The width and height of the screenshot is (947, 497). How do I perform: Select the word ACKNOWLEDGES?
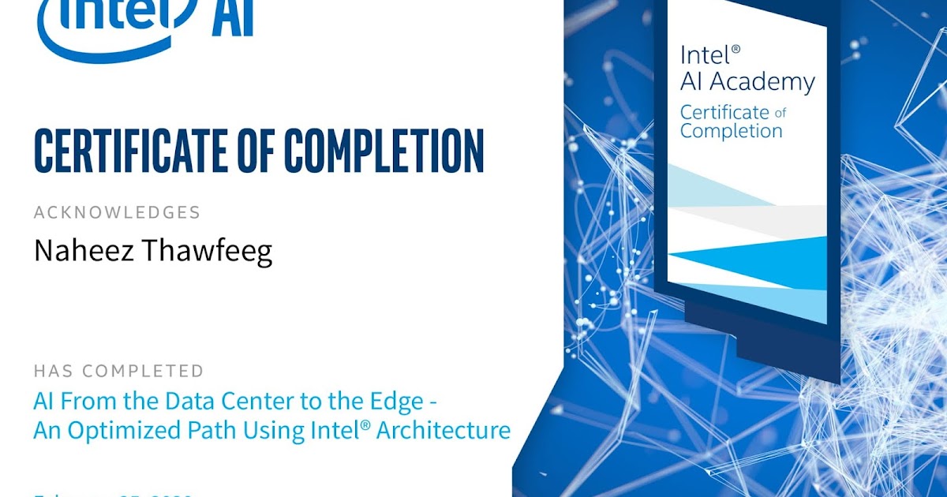(x=117, y=212)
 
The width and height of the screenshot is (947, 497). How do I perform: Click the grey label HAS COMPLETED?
(x=118, y=371)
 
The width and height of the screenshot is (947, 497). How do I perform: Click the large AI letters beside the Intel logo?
(x=232, y=19)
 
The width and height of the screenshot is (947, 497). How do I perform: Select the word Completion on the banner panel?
(x=731, y=131)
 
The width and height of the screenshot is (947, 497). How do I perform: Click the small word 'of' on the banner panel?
(x=780, y=113)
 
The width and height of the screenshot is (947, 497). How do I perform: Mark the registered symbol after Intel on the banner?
(x=736, y=49)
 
